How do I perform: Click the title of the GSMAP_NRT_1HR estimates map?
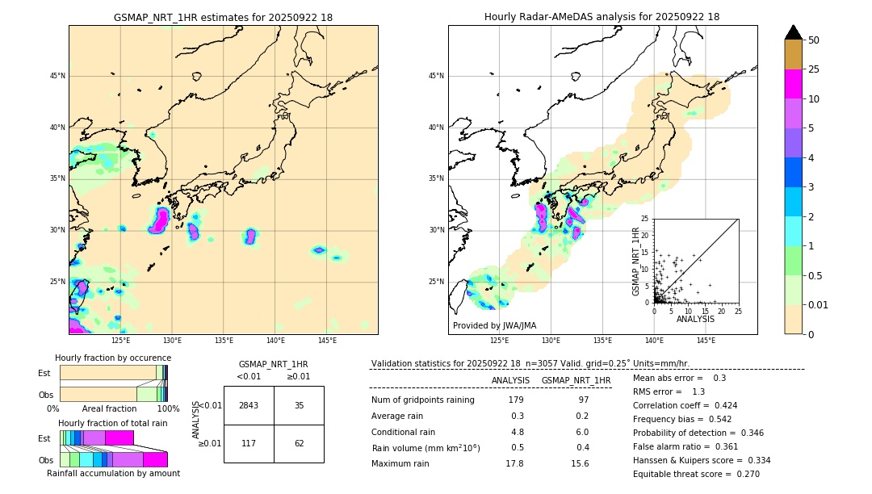[x=223, y=17]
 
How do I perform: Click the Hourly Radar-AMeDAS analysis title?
[x=602, y=17]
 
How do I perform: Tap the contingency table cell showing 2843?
[x=249, y=405]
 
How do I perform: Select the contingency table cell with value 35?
[x=299, y=405]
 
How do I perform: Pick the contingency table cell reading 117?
[x=249, y=443]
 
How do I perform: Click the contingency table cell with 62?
[x=299, y=443]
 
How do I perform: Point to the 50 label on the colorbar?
[x=814, y=40]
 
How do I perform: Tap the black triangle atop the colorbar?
[x=794, y=32]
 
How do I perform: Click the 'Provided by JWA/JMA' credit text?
[x=494, y=326]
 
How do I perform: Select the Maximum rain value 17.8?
[x=514, y=463]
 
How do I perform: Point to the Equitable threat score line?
[x=696, y=474]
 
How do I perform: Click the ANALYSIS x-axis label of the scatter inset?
[x=695, y=319]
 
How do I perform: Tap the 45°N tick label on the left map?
[x=57, y=76]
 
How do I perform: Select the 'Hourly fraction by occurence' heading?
[x=113, y=358]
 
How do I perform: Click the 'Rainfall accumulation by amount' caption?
[x=113, y=474]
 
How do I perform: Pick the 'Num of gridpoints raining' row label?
[x=422, y=400]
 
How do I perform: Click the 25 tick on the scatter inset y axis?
[x=645, y=219]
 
